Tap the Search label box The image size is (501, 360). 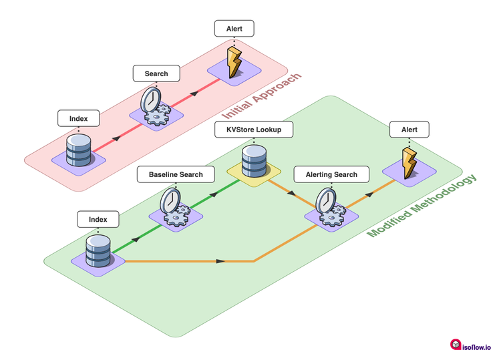[156, 73]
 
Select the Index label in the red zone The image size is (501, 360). [78, 120]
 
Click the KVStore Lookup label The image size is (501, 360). [254, 129]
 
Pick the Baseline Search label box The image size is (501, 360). [176, 175]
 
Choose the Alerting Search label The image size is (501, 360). [331, 175]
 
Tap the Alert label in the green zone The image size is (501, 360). [409, 129]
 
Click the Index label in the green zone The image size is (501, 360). [98, 219]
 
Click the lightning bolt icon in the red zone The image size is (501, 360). [234, 62]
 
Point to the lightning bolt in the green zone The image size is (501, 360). [409, 163]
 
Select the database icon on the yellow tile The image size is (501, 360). [254, 160]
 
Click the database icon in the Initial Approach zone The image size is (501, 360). [78, 151]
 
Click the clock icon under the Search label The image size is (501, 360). [152, 103]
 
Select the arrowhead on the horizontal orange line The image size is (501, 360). [220, 261]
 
